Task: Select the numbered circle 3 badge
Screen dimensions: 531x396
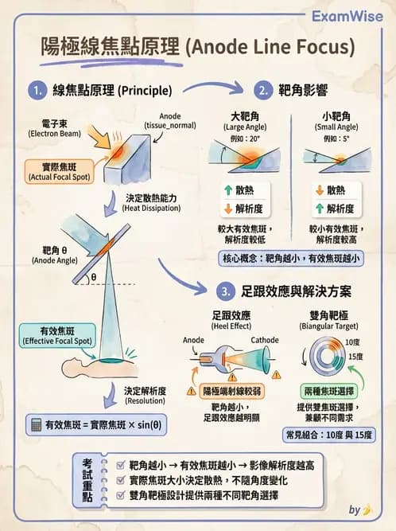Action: point(227,290)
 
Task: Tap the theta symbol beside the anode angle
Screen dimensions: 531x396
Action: point(92,277)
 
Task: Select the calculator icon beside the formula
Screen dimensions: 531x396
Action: point(34,424)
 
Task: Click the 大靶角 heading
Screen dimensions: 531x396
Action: point(244,116)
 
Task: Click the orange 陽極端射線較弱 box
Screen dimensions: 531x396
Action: point(235,391)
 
